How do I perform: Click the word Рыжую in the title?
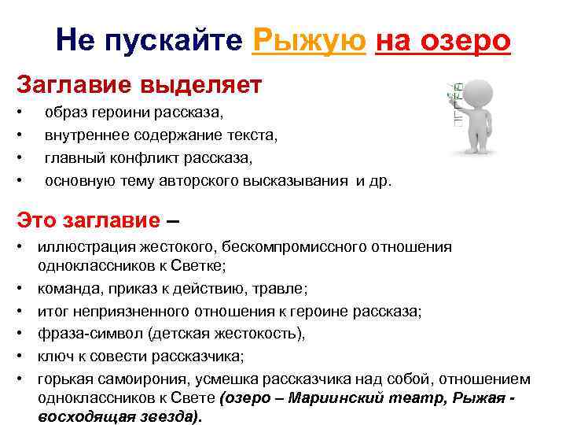point(310,39)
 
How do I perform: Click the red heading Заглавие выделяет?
point(139,82)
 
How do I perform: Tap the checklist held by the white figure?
point(450,106)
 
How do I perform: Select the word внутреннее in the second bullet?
point(82,135)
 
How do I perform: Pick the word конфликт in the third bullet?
point(151,158)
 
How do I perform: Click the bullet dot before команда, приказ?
point(24,288)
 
